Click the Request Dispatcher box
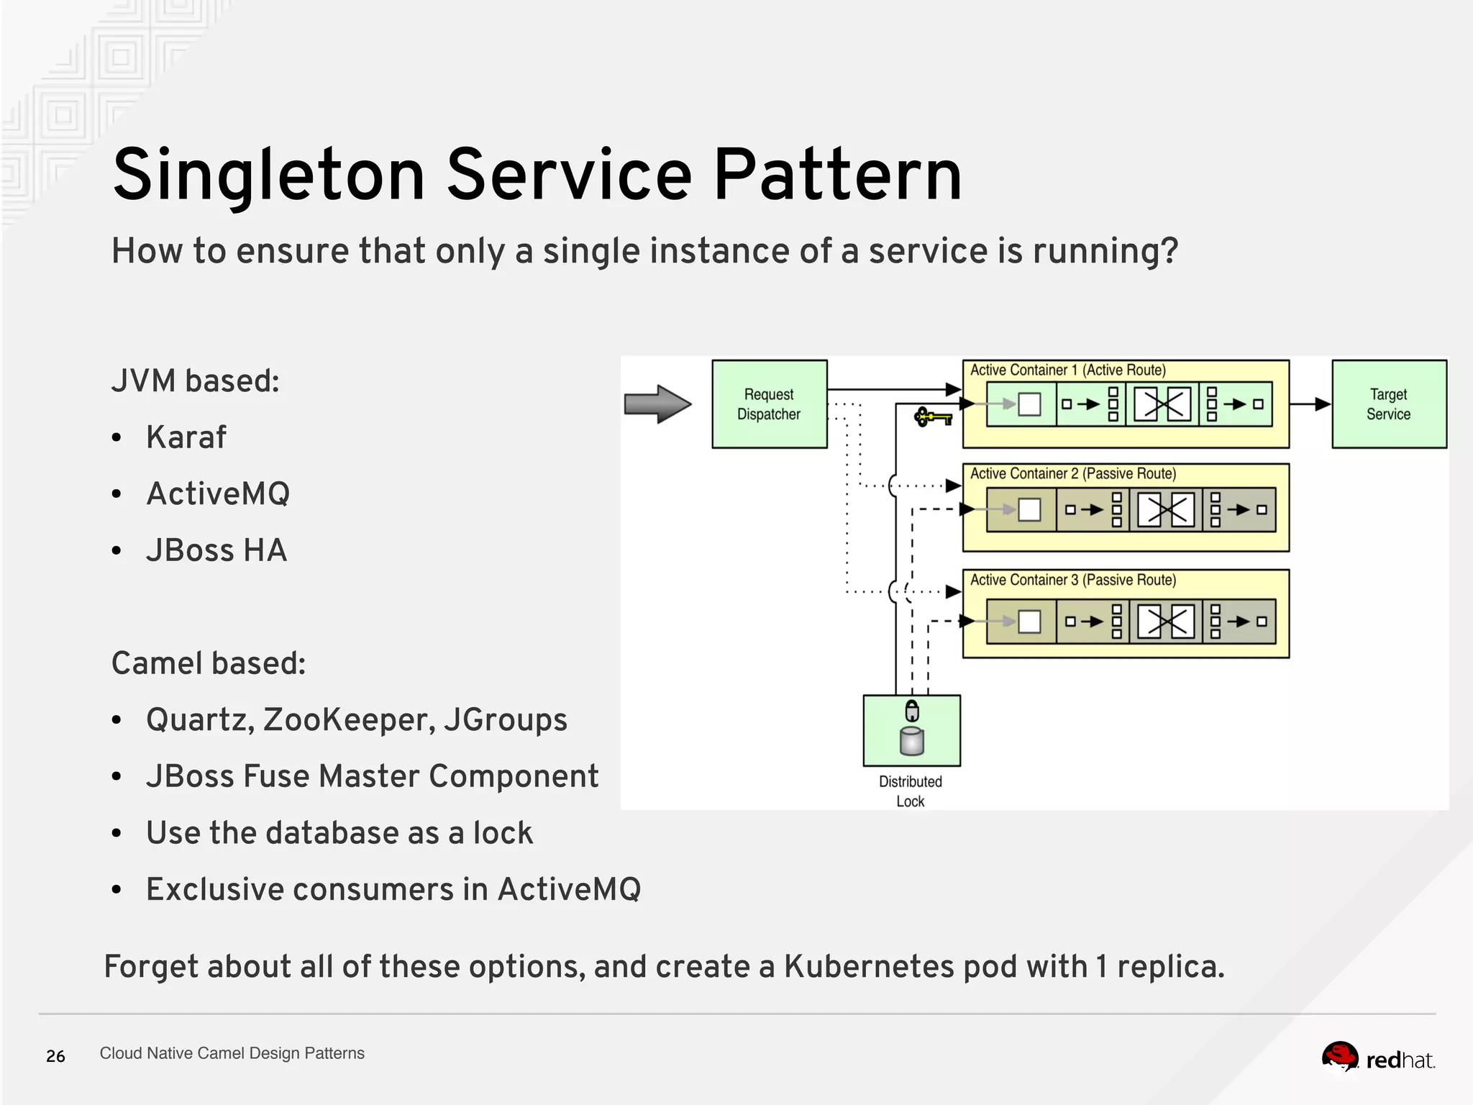pyautogui.click(x=769, y=404)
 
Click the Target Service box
pyautogui.click(x=1389, y=404)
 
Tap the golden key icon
pyautogui.click(x=932, y=417)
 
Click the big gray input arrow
pyautogui.click(x=657, y=404)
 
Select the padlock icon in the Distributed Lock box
pyautogui.click(x=912, y=710)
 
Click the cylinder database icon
pyautogui.click(x=912, y=742)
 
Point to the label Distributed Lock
pyautogui.click(x=911, y=791)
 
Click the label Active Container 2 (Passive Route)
pyautogui.click(x=1072, y=473)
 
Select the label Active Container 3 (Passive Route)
pyautogui.click(x=1072, y=580)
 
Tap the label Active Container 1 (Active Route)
pyautogui.click(x=1067, y=370)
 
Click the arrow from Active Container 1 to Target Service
pyautogui.click(x=1310, y=404)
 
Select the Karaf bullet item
pyautogui.click(x=186, y=437)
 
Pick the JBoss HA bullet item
pyautogui.click(x=216, y=550)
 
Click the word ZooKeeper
pyautogui.click(x=348, y=719)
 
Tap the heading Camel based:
pyautogui.click(x=209, y=663)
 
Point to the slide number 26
pyautogui.click(x=55, y=1056)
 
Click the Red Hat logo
pyautogui.click(x=1377, y=1058)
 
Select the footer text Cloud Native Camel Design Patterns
pyautogui.click(x=232, y=1053)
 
